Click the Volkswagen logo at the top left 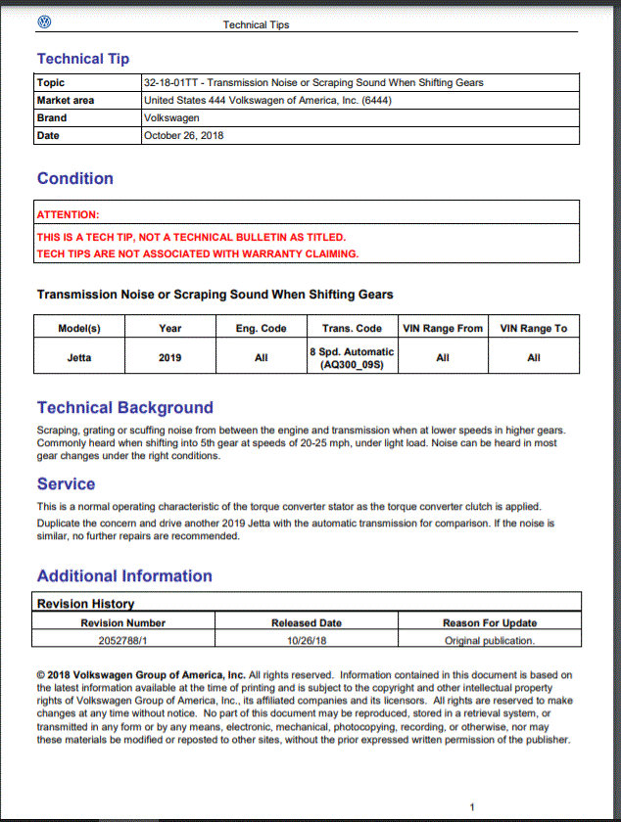point(44,22)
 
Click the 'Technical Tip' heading point(83,59)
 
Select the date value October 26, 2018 point(183,136)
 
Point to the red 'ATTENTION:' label point(69,214)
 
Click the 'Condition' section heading point(75,178)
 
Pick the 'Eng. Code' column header point(261,328)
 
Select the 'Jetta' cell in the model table point(79,357)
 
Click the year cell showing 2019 point(170,357)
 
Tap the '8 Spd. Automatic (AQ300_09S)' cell point(352,357)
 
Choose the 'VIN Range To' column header point(533,328)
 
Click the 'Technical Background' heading point(124,407)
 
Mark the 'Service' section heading point(66,483)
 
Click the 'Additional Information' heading point(124,575)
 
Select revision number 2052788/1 point(122,641)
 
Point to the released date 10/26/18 point(307,641)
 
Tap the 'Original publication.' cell point(490,641)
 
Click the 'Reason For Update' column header point(490,622)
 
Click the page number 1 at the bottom point(472,807)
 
